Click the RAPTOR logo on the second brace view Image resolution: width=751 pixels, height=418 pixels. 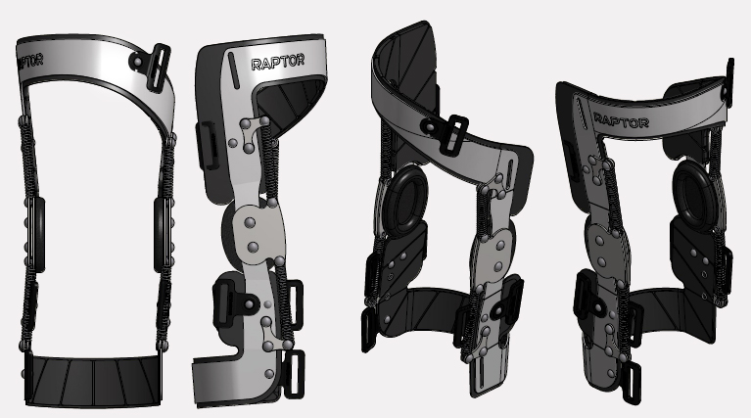coord(278,63)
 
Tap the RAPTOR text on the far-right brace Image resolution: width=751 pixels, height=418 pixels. coord(621,120)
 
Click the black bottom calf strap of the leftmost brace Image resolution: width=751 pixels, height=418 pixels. coord(92,381)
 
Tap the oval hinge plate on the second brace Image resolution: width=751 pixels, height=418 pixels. coord(255,235)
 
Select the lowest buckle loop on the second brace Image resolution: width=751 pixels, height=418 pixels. coord(295,375)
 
